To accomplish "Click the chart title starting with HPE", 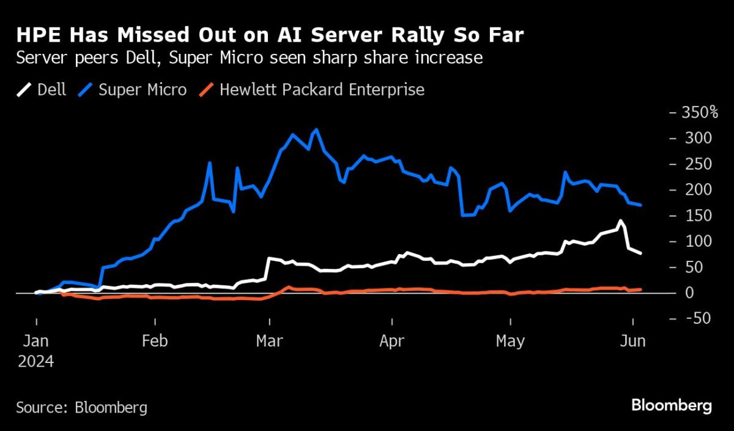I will [270, 36].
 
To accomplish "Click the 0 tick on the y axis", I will [689, 293].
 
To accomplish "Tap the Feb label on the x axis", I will [155, 341].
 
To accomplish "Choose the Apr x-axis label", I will [391, 341].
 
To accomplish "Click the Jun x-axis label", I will [632, 341].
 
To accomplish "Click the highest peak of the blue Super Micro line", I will [316, 129].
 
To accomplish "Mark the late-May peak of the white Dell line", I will [621, 220].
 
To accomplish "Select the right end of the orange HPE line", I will [640, 289].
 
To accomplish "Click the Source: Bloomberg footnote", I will [82, 407].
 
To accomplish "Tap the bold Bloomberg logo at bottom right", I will [671, 405].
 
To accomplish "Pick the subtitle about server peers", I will [250, 58].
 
